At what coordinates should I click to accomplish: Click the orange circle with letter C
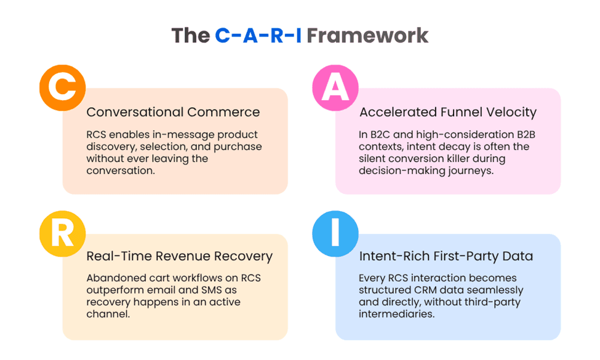[62, 87]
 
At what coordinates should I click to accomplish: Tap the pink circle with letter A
[335, 87]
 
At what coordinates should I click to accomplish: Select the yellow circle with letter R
[62, 233]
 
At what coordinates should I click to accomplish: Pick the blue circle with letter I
[335, 233]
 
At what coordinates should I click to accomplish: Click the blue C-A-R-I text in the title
[258, 35]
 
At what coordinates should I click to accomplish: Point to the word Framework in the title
[367, 35]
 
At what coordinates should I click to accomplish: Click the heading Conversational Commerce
[173, 112]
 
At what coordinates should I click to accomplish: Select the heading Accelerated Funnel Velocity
[448, 112]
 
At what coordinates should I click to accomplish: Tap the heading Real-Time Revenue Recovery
[179, 256]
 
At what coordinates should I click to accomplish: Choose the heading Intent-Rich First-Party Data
[446, 256]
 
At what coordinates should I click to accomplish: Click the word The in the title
[190, 35]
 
